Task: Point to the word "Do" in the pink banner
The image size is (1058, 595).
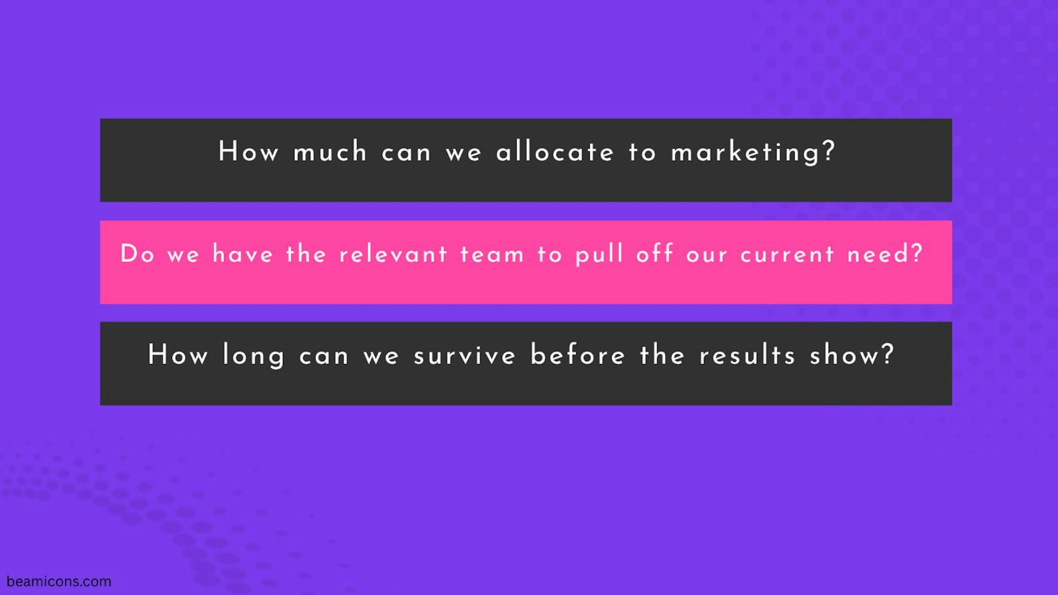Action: (137, 254)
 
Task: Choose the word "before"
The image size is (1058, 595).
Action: (578, 355)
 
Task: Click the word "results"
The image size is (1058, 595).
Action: (747, 355)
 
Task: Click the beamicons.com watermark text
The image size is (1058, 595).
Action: (59, 581)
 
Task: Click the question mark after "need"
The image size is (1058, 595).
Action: (917, 253)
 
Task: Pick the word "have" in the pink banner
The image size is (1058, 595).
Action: (243, 254)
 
